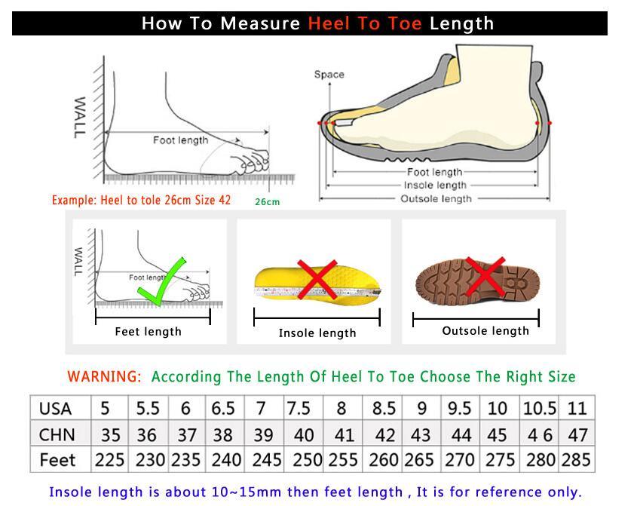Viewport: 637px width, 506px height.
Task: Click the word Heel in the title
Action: [x=329, y=23]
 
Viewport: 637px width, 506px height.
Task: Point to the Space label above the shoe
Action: [x=329, y=74]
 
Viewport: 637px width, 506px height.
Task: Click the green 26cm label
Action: [x=267, y=201]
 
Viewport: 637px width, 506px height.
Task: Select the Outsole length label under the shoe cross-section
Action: [x=436, y=198]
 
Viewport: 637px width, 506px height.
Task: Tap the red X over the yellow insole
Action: [x=317, y=280]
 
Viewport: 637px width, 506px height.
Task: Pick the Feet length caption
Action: [x=148, y=331]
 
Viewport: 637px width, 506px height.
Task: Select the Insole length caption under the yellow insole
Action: [x=317, y=333]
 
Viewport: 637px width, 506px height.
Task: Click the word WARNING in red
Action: [x=104, y=376]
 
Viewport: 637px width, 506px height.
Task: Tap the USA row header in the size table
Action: [x=55, y=409]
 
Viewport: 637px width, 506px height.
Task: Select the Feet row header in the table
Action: [x=57, y=460]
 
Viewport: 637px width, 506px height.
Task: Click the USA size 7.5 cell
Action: [x=299, y=409]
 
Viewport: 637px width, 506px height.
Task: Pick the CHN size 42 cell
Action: [x=384, y=434]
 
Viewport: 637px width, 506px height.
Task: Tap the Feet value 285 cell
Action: [x=577, y=460]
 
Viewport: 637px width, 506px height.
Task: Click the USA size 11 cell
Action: [x=577, y=409]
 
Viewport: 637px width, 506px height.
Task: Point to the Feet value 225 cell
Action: [x=109, y=460]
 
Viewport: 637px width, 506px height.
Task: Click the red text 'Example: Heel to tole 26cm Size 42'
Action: [x=141, y=201]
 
